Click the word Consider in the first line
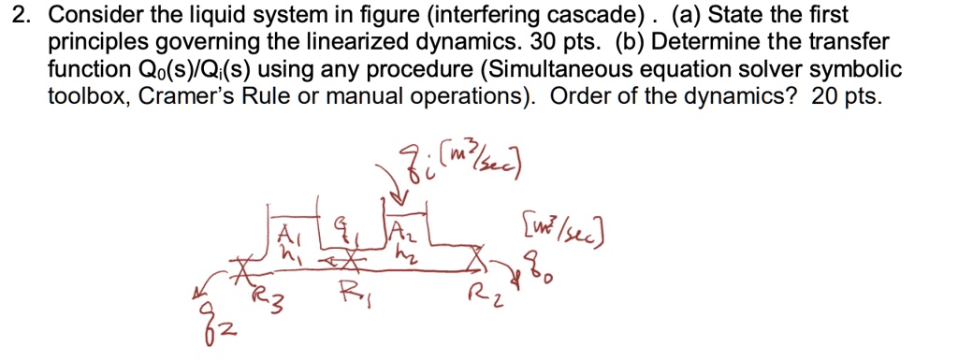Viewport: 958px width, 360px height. click(x=88, y=16)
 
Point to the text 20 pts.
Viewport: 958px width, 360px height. click(x=847, y=97)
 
